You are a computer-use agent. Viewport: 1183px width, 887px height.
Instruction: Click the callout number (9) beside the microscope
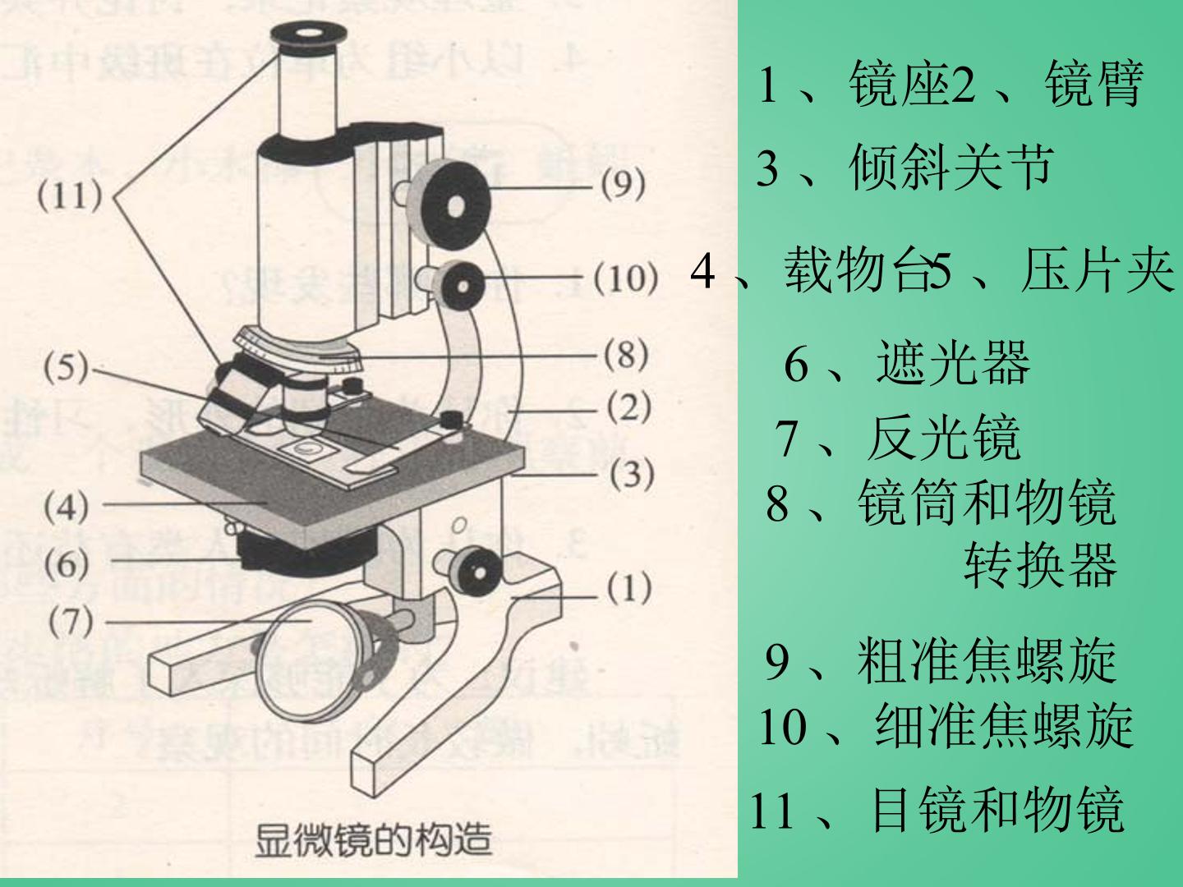623,185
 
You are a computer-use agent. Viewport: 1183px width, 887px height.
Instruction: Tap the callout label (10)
626,278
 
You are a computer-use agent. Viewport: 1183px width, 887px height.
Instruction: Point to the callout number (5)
65,369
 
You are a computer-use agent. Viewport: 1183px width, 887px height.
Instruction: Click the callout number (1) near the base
629,588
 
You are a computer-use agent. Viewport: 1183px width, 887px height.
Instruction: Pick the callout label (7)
71,622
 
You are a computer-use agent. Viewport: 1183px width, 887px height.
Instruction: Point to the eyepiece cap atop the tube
308,35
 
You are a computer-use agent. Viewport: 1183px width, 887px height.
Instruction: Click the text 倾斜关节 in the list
951,168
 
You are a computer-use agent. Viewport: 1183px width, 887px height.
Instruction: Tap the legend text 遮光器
953,362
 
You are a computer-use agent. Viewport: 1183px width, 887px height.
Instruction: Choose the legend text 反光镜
944,437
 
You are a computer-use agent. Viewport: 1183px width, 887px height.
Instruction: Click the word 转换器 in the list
1040,565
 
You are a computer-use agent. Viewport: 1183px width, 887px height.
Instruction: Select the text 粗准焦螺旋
987,661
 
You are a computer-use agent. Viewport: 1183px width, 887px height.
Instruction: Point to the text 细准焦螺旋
1004,724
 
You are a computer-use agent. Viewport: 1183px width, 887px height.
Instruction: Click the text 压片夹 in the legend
1098,271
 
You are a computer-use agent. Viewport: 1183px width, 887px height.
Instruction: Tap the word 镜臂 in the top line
1093,84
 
